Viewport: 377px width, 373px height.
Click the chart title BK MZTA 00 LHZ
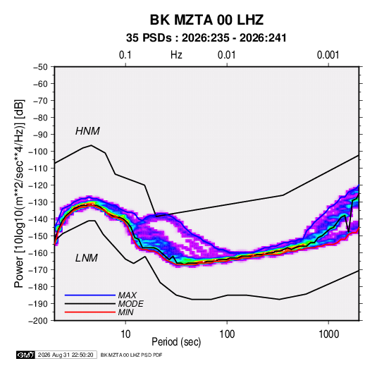(206, 20)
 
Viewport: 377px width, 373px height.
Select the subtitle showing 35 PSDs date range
(206, 38)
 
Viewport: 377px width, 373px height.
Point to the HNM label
(87, 131)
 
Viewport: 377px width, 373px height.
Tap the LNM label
(87, 258)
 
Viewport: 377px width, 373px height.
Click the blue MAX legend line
(90, 295)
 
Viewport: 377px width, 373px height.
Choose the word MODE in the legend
(131, 304)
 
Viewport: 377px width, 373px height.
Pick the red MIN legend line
(90, 312)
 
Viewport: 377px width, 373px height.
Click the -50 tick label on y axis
(40, 67)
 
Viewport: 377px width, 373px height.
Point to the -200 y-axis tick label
(38, 321)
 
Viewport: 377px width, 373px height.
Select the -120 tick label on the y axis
(38, 185)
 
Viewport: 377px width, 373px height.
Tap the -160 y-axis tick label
(38, 253)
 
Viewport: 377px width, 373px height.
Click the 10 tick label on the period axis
(125, 334)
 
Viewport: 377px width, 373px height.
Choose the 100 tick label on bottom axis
(227, 334)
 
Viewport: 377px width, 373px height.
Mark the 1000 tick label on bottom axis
(328, 334)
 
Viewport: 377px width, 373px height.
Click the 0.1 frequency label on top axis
(125, 55)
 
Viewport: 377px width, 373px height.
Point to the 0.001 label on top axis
(328, 55)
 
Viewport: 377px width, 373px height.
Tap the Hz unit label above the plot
(176, 55)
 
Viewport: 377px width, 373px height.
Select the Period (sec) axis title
(176, 342)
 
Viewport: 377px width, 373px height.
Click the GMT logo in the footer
(25, 355)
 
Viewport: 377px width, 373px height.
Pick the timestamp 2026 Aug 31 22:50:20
(66, 355)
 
